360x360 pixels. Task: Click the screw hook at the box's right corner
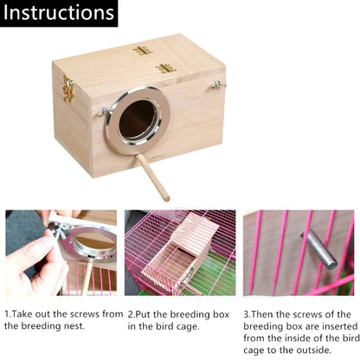coord(219,85)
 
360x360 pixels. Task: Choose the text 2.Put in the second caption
coord(142,314)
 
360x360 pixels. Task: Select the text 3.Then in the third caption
coord(260,314)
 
